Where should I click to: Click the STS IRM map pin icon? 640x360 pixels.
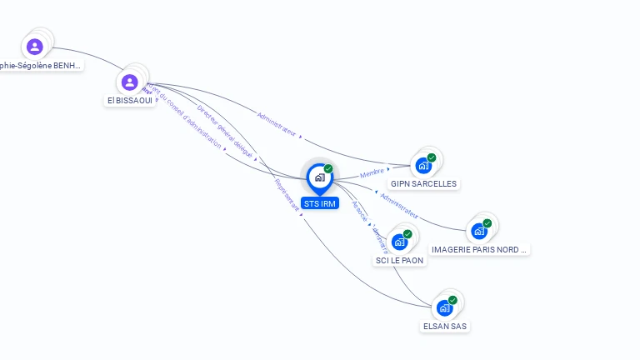point(319,177)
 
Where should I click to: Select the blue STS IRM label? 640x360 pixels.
point(320,203)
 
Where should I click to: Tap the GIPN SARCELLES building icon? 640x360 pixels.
point(423,165)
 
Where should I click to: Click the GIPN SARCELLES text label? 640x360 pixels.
point(423,183)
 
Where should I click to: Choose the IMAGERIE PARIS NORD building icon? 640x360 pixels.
point(479,231)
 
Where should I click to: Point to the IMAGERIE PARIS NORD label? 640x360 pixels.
point(479,249)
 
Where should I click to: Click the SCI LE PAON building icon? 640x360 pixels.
point(400,242)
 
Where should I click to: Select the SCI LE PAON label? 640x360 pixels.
point(400,260)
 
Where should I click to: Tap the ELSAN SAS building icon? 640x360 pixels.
point(445,307)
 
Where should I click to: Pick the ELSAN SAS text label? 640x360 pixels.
point(445,326)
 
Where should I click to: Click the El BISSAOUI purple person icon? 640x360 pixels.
point(129,82)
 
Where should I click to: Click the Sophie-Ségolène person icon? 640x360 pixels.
point(34,47)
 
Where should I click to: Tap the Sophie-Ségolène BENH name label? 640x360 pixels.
point(40,65)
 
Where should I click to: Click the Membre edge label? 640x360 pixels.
point(372,173)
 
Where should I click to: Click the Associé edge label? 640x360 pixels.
point(359,212)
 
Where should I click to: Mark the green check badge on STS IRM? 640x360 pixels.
point(328,168)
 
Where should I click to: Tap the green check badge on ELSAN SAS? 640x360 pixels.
point(452,300)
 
